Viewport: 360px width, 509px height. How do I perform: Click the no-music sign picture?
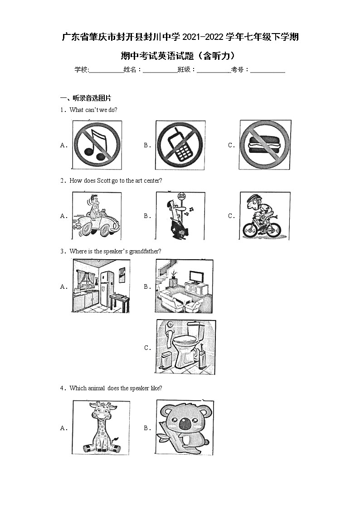[97, 145]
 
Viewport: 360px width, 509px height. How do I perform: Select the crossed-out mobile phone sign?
[180, 145]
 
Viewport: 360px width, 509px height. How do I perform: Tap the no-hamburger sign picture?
[265, 145]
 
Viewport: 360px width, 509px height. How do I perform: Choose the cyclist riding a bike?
[264, 215]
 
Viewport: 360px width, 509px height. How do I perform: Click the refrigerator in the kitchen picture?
[107, 289]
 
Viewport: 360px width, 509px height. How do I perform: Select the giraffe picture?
[101, 427]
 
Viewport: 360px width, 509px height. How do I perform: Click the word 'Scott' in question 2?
[103, 180]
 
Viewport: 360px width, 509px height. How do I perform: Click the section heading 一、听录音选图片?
[86, 98]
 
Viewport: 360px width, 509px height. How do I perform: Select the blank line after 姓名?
[160, 71]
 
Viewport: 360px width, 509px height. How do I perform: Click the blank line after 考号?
[268, 71]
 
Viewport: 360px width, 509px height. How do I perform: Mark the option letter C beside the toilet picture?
[147, 348]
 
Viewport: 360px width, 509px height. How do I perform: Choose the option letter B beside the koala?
[147, 428]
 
